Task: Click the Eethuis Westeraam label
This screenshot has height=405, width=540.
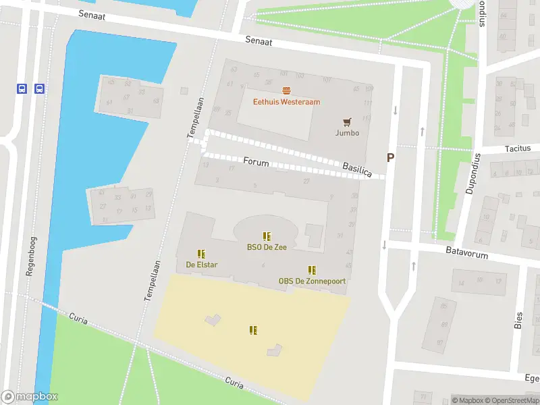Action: click(286, 102)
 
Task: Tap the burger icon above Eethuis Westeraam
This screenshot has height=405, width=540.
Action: click(286, 90)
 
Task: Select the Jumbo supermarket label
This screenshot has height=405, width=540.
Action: click(347, 133)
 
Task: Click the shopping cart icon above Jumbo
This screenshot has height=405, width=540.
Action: click(347, 122)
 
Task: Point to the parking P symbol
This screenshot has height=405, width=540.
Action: click(389, 157)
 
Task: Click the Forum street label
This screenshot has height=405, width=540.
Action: click(256, 163)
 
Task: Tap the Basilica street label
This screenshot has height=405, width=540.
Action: click(357, 169)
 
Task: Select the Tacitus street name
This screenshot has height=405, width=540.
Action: click(518, 148)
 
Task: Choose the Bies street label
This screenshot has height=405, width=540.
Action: click(519, 319)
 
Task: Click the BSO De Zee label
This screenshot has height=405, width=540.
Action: click(267, 247)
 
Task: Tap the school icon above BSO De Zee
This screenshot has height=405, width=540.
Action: click(267, 236)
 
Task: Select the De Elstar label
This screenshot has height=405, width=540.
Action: click(201, 265)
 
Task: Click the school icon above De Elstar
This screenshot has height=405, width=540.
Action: click(201, 253)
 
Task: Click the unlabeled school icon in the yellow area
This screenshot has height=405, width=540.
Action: click(253, 330)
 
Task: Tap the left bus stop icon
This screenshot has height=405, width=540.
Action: click(22, 88)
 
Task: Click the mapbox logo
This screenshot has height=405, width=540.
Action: click(30, 397)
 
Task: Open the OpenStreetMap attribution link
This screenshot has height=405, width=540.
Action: click(512, 400)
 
